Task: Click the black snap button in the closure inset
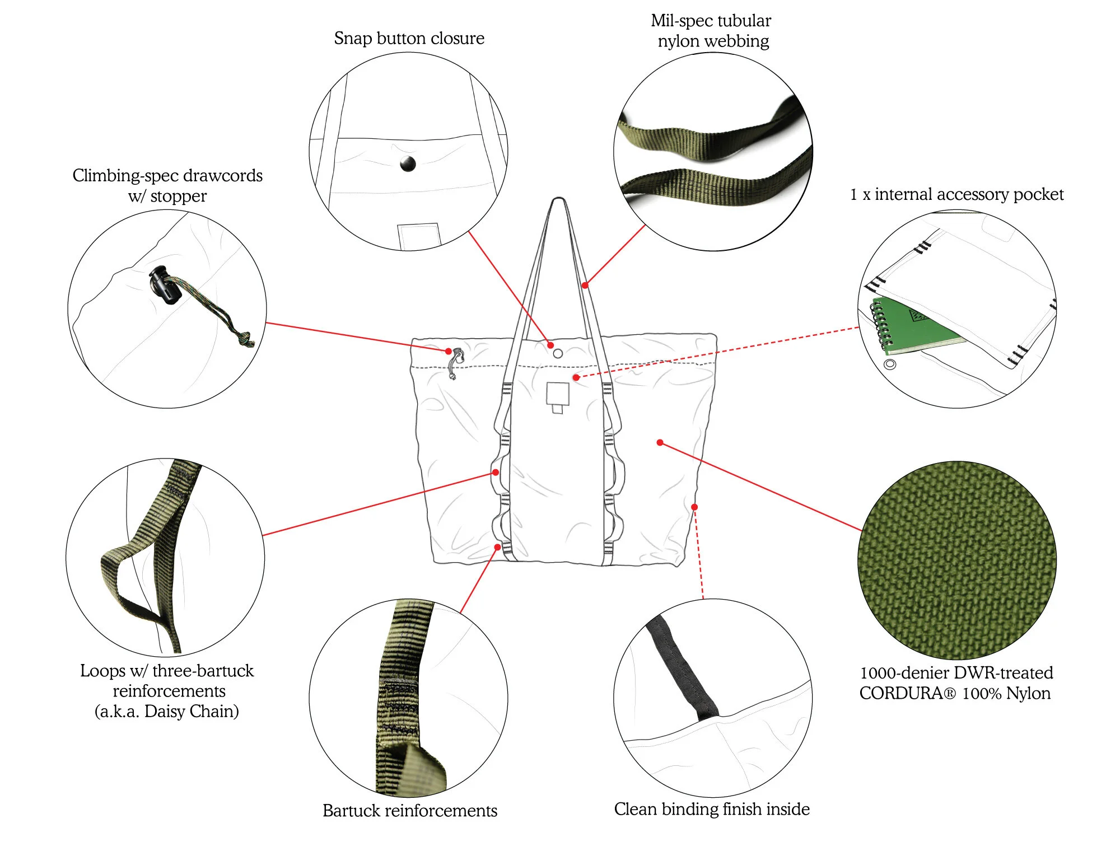408,164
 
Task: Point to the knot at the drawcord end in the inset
245,338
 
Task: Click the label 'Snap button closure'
409,38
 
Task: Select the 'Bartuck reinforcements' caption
409,810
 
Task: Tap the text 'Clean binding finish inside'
711,808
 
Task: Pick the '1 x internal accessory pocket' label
956,194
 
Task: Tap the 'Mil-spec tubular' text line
711,21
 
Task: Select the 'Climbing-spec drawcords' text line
167,175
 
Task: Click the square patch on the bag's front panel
558,394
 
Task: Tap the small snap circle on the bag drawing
558,353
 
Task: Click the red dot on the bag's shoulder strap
585,285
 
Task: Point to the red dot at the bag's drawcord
449,351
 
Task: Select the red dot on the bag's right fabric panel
660,442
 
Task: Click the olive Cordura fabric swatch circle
956,560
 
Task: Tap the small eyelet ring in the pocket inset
889,364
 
